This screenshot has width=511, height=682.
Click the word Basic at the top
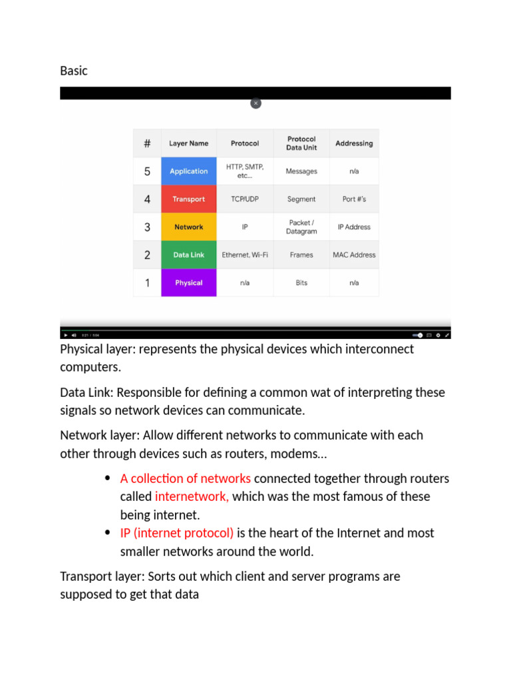74,71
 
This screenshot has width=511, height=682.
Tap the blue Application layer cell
188,171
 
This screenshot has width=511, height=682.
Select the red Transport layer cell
188,199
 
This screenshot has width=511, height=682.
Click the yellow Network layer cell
188,227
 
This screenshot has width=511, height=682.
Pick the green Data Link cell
188,255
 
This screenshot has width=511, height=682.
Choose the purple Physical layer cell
188,283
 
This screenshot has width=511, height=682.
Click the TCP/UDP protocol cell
245,199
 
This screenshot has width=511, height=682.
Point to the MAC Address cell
354,255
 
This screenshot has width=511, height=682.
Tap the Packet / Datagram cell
301,227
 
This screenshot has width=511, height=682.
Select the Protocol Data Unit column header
301,143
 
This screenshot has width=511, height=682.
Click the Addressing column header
354,143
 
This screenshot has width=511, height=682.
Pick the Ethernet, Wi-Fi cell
245,255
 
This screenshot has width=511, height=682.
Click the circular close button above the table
255,103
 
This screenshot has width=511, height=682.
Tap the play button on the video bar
65,335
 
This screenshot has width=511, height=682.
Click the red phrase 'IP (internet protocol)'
177,533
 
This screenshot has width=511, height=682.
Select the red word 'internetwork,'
192,497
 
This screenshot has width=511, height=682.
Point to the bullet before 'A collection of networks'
108,479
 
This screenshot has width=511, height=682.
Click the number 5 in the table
147,171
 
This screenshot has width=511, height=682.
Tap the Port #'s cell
354,199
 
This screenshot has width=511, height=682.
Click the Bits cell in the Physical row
301,283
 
